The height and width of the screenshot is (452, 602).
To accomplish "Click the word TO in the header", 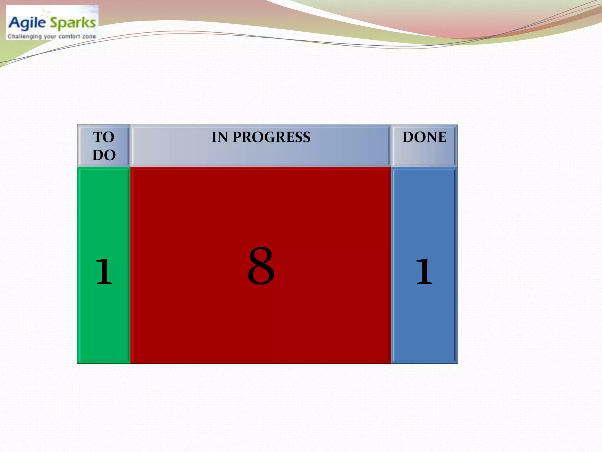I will pos(104,137).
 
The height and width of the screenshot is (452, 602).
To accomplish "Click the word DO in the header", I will pos(104,155).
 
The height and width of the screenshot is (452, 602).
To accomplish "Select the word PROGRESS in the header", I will pos(271,137).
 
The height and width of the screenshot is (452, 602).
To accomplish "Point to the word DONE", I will pos(424,137).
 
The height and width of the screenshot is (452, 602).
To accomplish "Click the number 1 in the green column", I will pos(104,271).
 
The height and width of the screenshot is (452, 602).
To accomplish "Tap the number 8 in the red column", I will pos(261,266).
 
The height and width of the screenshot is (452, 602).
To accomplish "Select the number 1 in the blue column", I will pos(424,271).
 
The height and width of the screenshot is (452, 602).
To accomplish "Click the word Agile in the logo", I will pos(27,23).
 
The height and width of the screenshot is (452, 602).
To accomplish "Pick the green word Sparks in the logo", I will pos(73,23).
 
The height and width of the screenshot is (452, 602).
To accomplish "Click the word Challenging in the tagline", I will pos(24,36).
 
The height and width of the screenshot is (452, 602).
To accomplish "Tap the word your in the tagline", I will pos(50,37).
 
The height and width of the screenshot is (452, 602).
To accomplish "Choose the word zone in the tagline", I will pos(89,37).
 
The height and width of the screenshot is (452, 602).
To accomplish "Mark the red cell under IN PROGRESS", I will pos(261,324).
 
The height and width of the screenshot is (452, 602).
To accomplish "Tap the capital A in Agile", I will pos(14,22).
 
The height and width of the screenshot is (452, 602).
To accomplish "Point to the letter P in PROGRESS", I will pos(237,137).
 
